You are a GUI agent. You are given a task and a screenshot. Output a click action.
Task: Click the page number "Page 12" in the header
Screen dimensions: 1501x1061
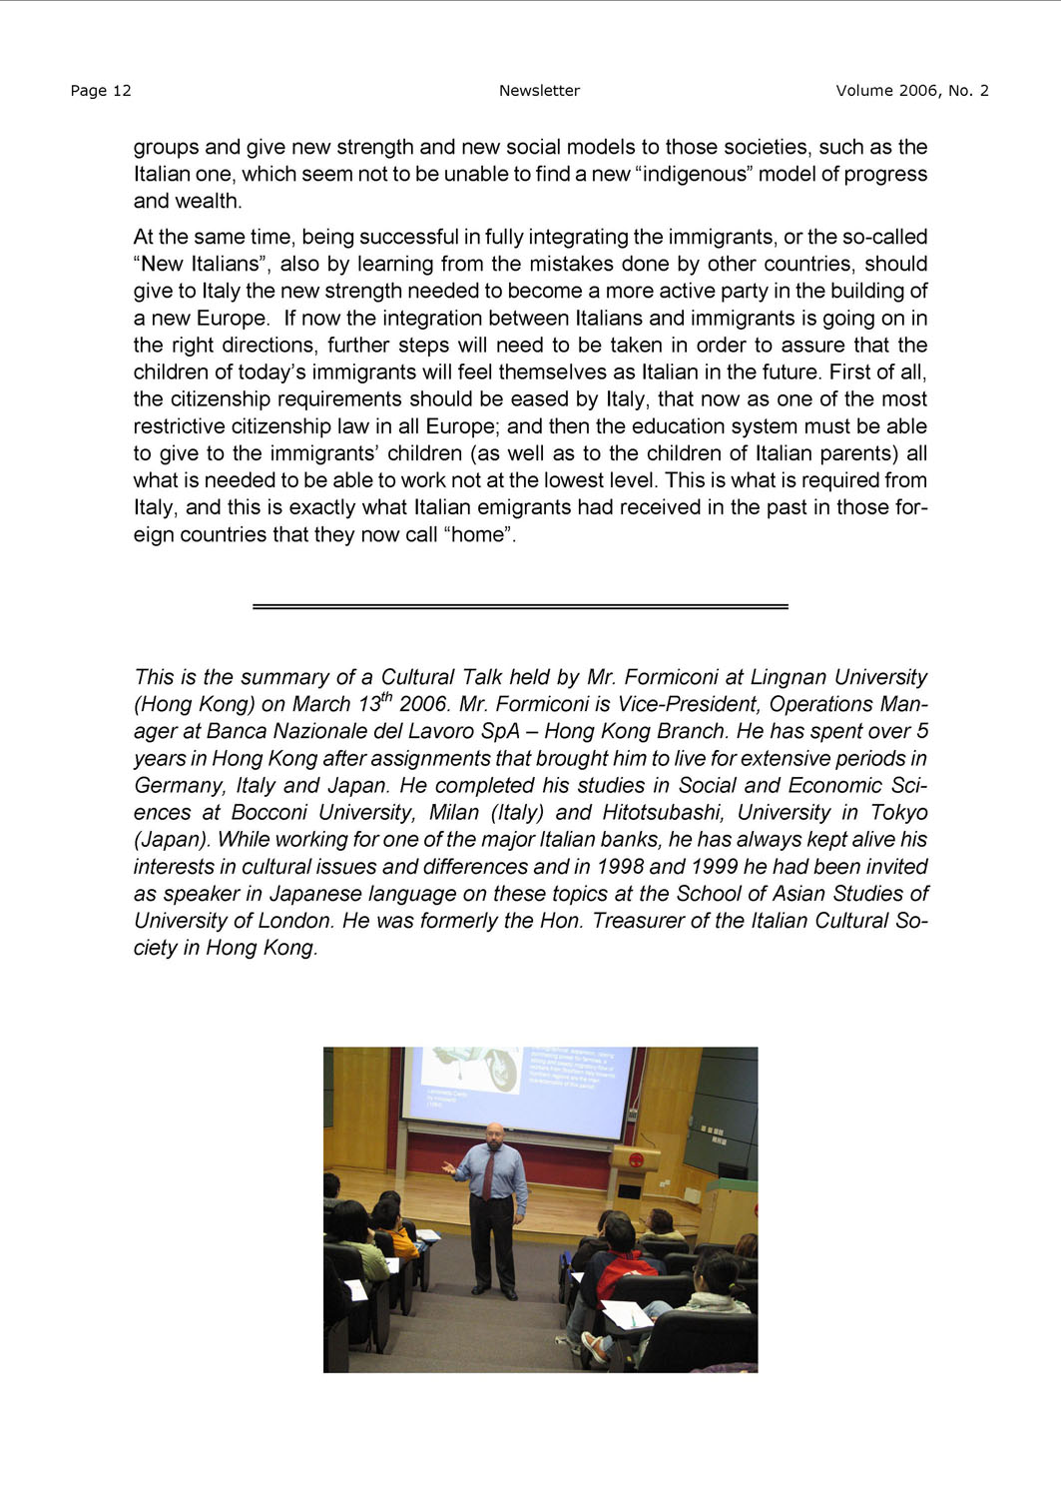(x=101, y=91)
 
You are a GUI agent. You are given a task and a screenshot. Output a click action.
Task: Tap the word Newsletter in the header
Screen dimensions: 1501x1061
(x=539, y=91)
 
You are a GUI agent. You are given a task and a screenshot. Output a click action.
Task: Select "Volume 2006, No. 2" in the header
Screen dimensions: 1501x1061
(x=911, y=91)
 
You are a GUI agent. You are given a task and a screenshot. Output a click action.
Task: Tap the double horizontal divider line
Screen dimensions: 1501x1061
(x=520, y=606)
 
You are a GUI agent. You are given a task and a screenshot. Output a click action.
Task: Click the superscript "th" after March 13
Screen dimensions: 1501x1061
(x=387, y=697)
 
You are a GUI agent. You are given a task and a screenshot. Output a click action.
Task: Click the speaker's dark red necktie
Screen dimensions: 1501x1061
(x=489, y=1174)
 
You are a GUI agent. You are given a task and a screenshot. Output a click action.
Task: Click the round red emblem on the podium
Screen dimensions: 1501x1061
(x=637, y=1160)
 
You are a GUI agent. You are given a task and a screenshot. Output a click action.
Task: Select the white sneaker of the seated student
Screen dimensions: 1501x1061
(x=594, y=1347)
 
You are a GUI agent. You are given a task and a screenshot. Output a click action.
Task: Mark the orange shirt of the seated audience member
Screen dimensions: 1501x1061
(x=403, y=1241)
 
